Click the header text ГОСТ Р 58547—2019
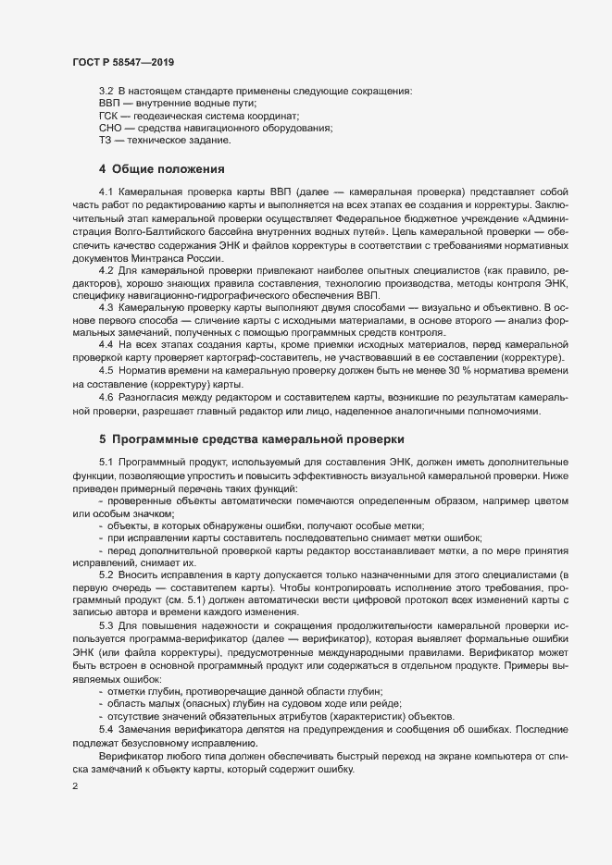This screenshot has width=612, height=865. (122, 61)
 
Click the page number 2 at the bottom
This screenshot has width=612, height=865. (75, 785)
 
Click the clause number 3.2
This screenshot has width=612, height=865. (106, 91)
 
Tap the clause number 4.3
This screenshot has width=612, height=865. (106, 306)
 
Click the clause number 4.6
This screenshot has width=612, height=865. (106, 396)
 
